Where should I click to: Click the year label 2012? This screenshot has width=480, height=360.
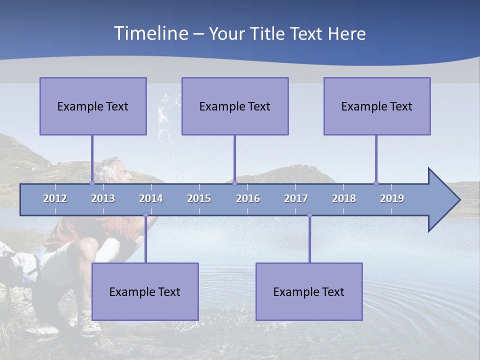point(55,198)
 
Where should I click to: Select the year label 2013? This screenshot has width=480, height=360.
point(103,198)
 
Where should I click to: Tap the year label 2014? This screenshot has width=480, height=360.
point(151,198)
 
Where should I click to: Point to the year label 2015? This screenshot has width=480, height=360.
point(199,198)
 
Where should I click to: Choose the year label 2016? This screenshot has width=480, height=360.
point(248,198)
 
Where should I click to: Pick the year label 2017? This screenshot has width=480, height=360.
point(296,198)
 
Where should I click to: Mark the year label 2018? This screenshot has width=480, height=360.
point(344,198)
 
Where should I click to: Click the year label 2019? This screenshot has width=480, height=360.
point(392,198)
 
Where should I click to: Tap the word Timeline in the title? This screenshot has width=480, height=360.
point(150,33)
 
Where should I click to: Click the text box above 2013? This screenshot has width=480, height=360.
point(93,106)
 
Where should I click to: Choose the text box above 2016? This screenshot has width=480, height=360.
point(235,106)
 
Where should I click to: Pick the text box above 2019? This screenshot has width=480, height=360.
point(377,106)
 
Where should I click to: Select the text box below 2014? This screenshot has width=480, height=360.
point(145,291)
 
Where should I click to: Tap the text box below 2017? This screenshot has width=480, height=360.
point(309,291)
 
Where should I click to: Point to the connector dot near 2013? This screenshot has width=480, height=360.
point(92,183)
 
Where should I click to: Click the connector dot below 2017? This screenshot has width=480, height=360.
point(309,215)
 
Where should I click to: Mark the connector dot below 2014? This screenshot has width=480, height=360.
point(145,215)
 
